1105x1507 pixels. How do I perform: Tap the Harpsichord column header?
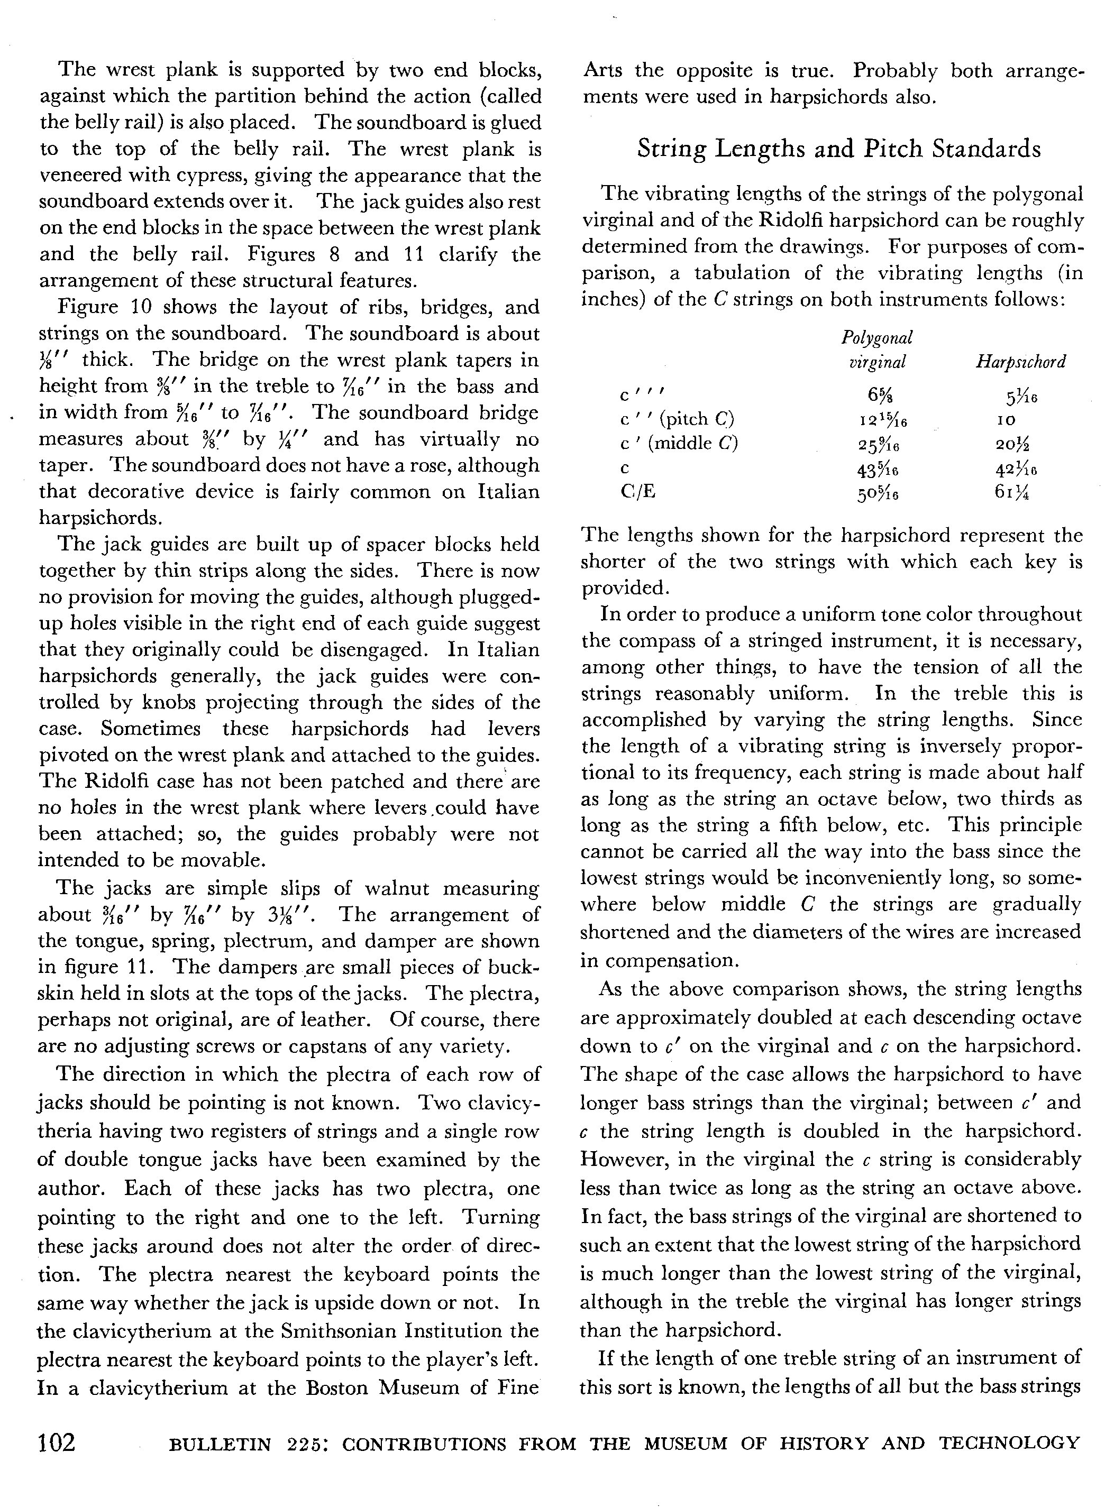pyautogui.click(x=1020, y=362)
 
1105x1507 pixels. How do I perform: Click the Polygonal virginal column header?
pyautogui.click(x=877, y=349)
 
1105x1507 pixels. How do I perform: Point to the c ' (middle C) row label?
pyautogui.click(x=679, y=443)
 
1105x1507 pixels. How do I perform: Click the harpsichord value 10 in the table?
pyautogui.click(x=1006, y=420)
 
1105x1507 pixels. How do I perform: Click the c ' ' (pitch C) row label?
pyautogui.click(x=677, y=419)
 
